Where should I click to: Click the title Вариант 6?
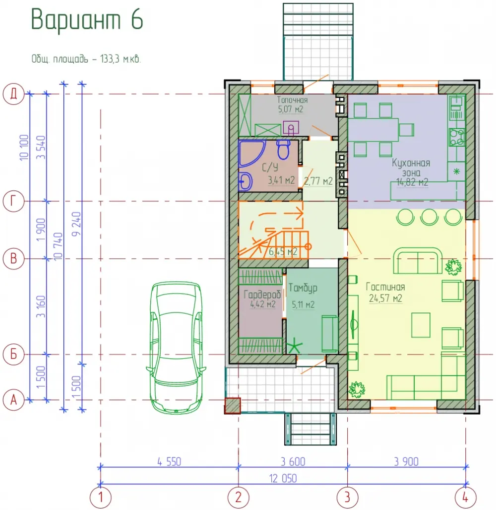click(87, 19)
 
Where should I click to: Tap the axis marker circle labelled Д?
click(14, 94)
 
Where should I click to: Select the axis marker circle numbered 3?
click(347, 497)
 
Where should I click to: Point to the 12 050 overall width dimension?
click(283, 478)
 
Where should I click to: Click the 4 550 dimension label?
click(169, 462)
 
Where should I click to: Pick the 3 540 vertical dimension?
click(41, 147)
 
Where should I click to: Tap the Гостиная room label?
click(385, 287)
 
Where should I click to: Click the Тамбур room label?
click(303, 288)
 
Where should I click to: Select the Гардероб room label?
click(262, 294)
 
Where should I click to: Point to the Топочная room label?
click(293, 100)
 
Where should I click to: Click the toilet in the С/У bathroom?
click(284, 149)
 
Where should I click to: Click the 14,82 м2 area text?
click(412, 182)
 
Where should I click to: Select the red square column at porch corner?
click(233, 406)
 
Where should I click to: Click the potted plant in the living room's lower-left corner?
click(357, 389)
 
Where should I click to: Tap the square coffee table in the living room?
click(421, 325)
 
